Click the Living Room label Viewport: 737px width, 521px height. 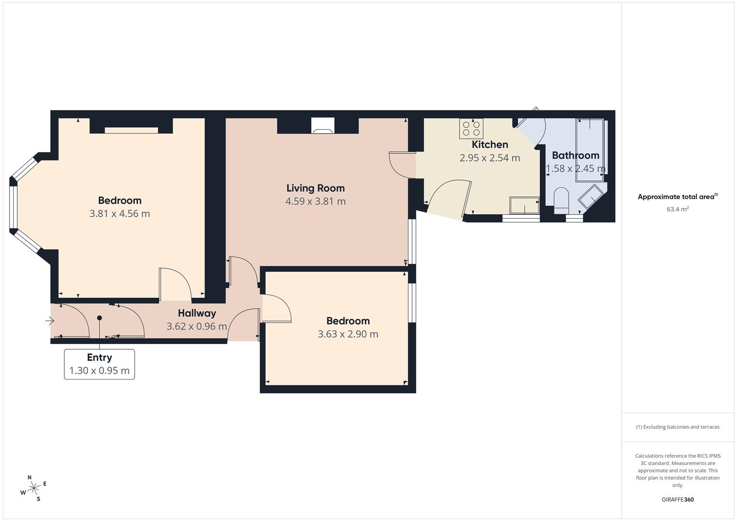coord(315,188)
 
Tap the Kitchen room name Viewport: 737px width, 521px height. coord(489,144)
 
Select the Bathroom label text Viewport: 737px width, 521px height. coord(575,155)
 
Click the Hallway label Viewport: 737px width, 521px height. coord(196,313)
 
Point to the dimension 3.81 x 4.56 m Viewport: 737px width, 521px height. coord(119,214)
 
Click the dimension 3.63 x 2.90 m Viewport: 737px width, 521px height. coord(348,334)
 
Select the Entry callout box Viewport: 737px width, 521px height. coord(99,364)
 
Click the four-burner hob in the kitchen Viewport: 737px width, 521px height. coord(471,128)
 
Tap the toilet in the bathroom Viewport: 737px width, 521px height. coord(561,200)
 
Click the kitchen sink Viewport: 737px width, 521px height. coord(524,205)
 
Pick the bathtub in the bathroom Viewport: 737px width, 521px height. coord(589,150)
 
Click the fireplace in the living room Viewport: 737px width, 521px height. coord(322,126)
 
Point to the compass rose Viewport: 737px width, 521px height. coord(33,488)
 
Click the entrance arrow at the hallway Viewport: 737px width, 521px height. coord(50,320)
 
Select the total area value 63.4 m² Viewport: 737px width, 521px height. coord(677,209)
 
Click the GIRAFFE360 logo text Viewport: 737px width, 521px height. coord(677,500)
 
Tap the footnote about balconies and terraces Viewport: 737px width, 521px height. coord(677,427)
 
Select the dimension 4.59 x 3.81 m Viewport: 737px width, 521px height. coord(315,202)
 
